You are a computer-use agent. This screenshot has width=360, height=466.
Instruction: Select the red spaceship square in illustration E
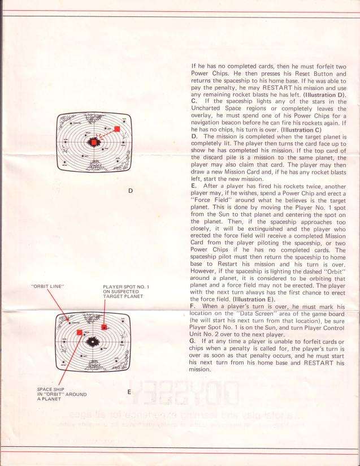click(x=80, y=333)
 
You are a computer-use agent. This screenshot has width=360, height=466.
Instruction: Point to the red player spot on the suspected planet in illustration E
click(x=104, y=327)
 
